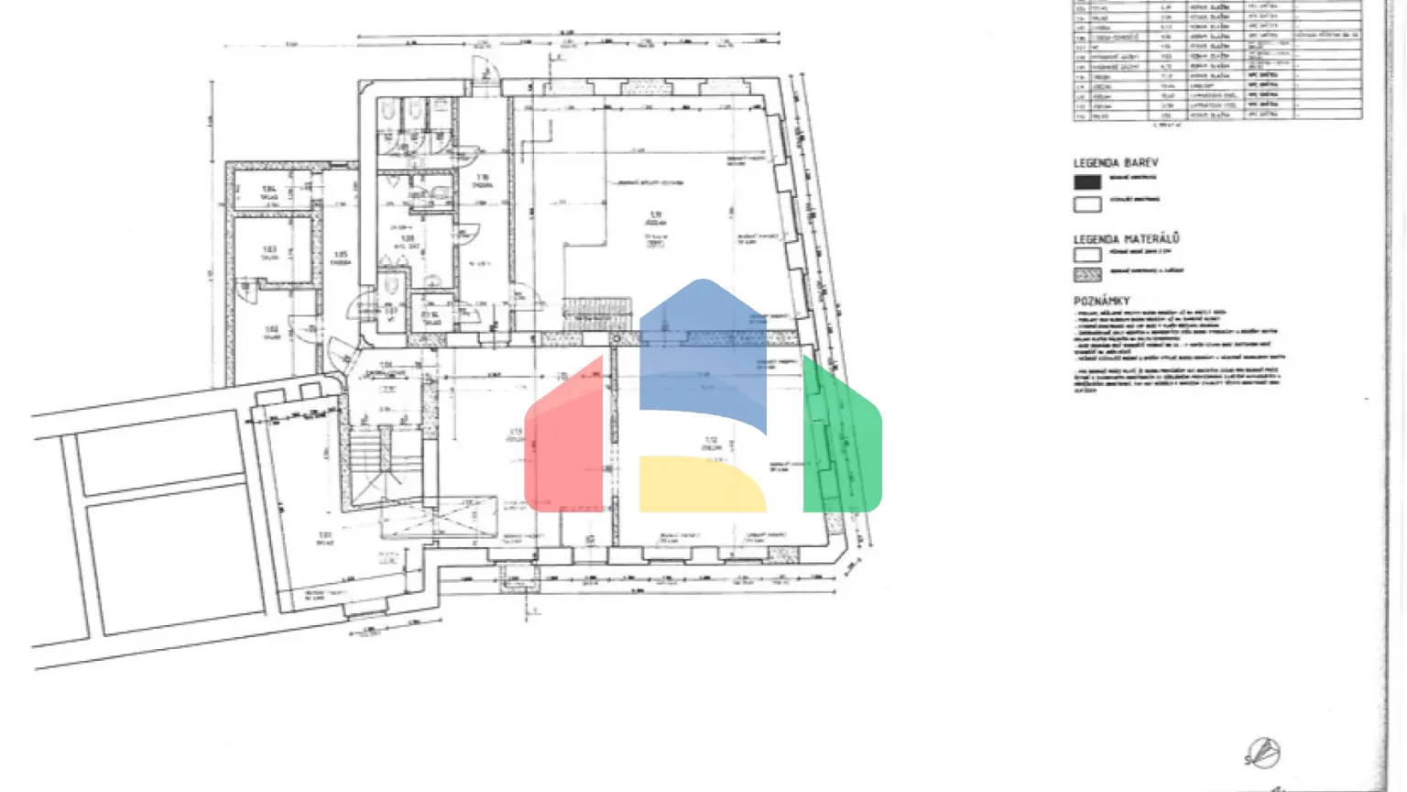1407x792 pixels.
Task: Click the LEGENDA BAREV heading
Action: click(1116, 163)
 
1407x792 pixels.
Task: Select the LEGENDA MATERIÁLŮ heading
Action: click(1126, 238)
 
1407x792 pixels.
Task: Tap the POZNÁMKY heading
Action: click(1101, 301)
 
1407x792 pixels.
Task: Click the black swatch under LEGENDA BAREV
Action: click(1087, 181)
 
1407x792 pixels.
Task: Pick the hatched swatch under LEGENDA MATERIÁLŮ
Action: click(1087, 274)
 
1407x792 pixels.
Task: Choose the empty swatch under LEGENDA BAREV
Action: click(1087, 203)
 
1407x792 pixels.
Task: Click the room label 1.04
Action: click(268, 191)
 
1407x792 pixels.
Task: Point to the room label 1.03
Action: click(269, 251)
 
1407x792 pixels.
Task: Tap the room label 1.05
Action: click(341, 256)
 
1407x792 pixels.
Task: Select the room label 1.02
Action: click(272, 330)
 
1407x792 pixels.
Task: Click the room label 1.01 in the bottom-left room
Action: click(324, 536)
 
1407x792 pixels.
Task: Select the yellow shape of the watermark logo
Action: click(701, 484)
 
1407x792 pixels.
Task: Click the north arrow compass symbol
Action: click(1262, 753)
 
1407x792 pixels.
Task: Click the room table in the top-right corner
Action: click(1217, 60)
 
